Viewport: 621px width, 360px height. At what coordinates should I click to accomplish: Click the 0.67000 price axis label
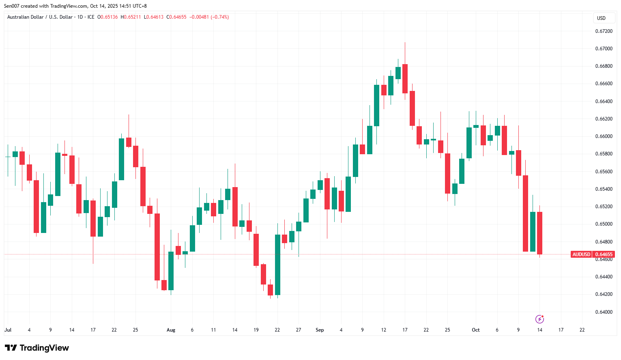[604, 49]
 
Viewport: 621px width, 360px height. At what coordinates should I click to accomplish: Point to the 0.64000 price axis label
[604, 312]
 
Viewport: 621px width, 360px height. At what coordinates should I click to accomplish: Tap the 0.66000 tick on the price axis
[604, 136]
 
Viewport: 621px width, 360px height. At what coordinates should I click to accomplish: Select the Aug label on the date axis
[171, 330]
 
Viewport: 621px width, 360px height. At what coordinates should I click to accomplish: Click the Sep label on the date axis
[320, 330]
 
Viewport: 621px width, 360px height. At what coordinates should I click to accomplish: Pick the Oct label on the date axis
[475, 330]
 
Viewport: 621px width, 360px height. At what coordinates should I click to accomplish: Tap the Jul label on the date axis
[8, 330]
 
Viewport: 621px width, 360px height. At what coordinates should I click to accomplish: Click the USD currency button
[601, 18]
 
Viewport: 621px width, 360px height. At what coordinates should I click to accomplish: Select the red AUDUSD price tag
[581, 254]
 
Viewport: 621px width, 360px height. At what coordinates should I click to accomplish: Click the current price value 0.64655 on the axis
[604, 254]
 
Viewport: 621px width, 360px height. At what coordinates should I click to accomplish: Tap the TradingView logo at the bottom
[37, 348]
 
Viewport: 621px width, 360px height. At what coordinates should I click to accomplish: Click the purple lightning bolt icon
[539, 319]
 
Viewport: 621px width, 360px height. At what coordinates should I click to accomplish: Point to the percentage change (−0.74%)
[220, 17]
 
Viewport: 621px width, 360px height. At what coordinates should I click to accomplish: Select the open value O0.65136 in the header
[107, 17]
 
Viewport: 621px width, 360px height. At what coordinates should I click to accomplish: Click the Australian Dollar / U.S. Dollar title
[40, 17]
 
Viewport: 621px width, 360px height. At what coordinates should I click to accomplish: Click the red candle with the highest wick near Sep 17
[405, 79]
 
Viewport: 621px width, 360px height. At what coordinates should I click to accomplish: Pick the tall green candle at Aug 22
[277, 265]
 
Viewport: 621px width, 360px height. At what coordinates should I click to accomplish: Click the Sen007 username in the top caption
[12, 6]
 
